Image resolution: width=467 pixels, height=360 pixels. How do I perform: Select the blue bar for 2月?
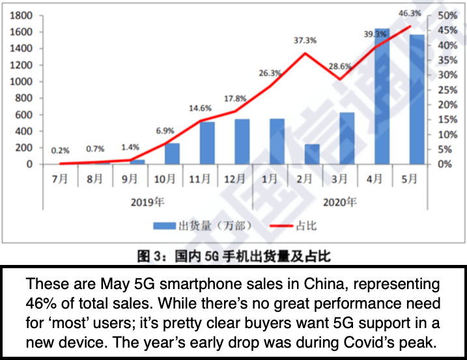tap(312, 154)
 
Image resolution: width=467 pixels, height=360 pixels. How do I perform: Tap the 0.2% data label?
tap(61, 150)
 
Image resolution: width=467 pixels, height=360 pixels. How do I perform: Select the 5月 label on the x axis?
tap(409, 179)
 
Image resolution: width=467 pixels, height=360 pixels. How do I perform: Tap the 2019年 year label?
tap(147, 202)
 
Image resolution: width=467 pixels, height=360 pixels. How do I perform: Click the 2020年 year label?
tap(339, 202)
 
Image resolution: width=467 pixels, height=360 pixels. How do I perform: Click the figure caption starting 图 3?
tap(233, 256)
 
